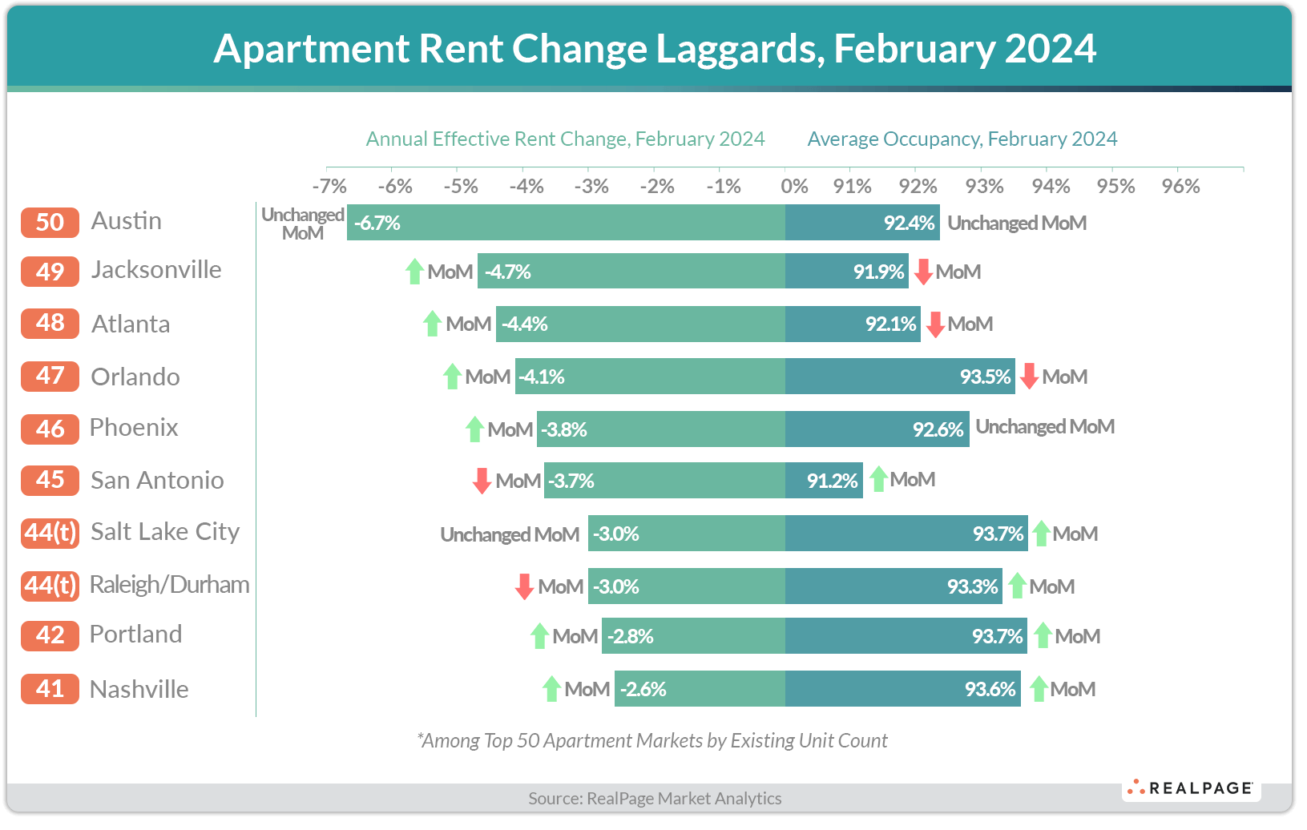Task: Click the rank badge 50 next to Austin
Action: pos(50,222)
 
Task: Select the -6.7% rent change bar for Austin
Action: pos(565,223)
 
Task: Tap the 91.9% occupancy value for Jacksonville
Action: pos(878,272)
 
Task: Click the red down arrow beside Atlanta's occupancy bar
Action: pos(934,324)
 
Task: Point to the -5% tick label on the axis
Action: pos(461,187)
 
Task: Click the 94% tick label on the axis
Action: pos(1051,187)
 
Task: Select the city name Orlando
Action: pos(135,377)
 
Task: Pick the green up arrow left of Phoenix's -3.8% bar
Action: pos(474,429)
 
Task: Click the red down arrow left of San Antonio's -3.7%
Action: pos(482,481)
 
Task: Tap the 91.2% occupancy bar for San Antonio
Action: pos(824,481)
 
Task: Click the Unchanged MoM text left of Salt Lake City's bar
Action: pos(510,534)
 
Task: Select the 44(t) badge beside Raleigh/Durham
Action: pos(50,585)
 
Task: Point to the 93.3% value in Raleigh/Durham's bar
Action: pos(972,586)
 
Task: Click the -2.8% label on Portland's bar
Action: pos(631,636)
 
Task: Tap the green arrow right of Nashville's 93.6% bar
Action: pos(1039,689)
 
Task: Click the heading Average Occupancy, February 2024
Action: pos(962,139)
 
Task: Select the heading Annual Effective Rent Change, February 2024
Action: pos(565,139)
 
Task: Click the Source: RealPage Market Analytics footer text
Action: pos(654,798)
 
